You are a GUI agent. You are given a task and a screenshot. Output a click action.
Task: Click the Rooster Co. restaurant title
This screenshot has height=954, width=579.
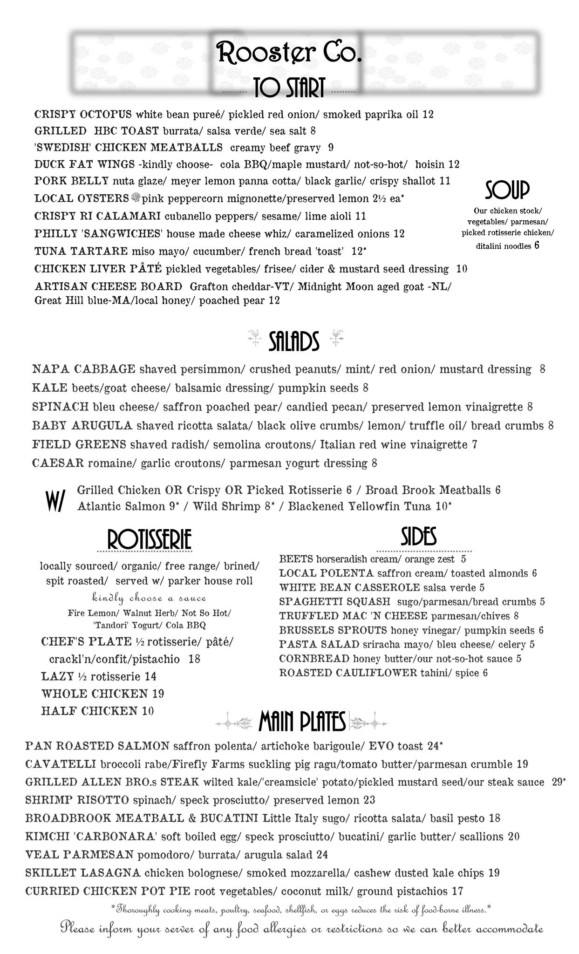(289, 53)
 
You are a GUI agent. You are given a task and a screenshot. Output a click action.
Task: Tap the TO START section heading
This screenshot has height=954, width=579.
(289, 88)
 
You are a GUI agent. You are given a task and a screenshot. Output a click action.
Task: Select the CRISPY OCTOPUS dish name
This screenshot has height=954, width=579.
(83, 115)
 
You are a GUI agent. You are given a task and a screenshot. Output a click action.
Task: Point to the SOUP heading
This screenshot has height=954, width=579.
(507, 190)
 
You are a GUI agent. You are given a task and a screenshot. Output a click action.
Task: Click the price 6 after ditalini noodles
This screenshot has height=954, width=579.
(537, 245)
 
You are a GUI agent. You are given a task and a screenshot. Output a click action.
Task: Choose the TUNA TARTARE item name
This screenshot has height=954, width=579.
(81, 252)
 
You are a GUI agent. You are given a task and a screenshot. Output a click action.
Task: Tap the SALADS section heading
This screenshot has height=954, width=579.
(294, 341)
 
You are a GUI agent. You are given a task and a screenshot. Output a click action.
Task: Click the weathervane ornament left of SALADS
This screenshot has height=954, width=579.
(254, 339)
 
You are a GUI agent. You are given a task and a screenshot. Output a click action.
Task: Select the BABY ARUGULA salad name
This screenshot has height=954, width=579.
(82, 425)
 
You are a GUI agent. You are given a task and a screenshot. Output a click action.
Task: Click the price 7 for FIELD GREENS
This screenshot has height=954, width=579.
(475, 444)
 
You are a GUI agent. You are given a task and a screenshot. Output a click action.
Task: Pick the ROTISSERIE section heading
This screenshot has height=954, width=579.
(149, 540)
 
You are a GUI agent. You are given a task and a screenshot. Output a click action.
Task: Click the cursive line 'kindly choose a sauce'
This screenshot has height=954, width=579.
(149, 598)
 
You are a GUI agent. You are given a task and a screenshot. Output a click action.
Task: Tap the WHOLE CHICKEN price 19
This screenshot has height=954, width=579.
(158, 694)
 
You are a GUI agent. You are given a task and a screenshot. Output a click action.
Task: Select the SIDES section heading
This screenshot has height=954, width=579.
(418, 537)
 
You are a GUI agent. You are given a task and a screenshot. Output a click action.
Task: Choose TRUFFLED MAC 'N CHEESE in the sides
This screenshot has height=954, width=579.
(353, 616)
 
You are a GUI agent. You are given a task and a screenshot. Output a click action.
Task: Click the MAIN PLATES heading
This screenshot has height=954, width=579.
(302, 722)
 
